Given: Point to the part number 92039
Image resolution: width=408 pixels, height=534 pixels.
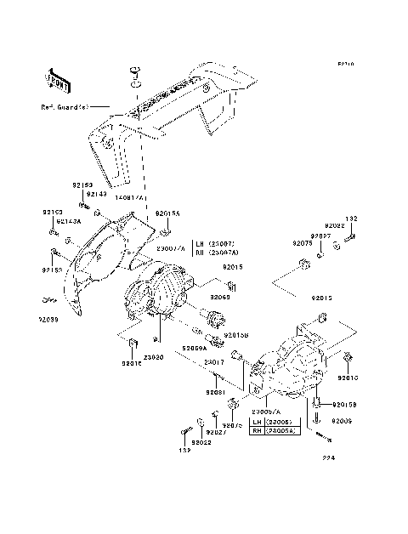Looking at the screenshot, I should (48, 320).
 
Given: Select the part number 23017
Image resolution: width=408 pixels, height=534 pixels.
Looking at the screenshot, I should (214, 363).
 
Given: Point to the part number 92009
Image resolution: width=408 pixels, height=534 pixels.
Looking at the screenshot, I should (342, 420).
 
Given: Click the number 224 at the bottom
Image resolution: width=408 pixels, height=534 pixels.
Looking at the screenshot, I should (329, 459).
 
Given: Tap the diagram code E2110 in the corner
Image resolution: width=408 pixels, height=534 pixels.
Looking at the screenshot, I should (346, 64).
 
